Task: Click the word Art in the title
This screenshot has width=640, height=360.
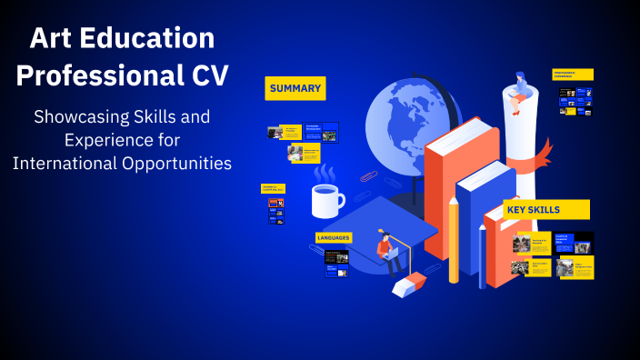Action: pos(52,38)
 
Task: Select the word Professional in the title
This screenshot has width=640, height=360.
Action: pos(96,75)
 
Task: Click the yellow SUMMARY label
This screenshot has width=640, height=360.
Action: pos(295,88)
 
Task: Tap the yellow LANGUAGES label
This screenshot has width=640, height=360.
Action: pos(333,237)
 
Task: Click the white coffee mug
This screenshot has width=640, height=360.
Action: pos(326,201)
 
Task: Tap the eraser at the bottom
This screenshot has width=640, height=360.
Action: pos(409,284)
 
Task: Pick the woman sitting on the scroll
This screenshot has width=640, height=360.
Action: pos(522,92)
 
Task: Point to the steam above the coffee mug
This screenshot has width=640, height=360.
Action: pos(323,173)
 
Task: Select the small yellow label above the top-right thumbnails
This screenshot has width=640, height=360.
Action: pos(574,75)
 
